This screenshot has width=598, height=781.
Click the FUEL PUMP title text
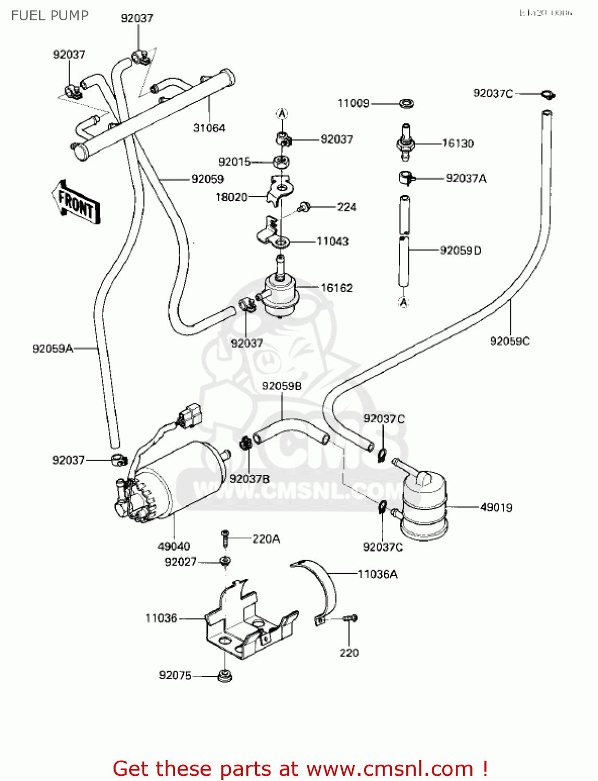50,16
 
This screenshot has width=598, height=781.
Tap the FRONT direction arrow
76,203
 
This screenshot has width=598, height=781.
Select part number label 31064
209,128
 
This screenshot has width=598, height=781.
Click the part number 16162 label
337,287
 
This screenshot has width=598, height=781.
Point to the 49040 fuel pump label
173,546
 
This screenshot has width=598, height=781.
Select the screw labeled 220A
226,538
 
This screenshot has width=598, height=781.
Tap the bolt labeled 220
351,619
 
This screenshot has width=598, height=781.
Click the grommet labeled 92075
225,676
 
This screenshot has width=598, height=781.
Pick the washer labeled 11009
406,103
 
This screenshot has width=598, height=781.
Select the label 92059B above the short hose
282,386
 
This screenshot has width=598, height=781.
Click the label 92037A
466,179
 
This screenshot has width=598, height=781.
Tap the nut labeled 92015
282,161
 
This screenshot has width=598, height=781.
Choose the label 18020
231,197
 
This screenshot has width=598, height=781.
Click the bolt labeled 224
303,208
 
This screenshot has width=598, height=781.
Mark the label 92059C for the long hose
509,341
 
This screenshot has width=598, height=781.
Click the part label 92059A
53,349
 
